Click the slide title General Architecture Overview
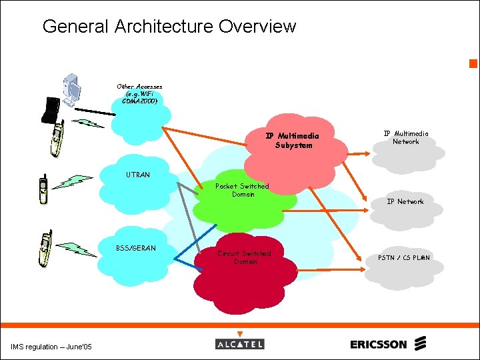[169, 27]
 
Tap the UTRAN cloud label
[138, 175]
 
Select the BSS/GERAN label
[135, 248]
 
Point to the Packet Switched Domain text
[243, 190]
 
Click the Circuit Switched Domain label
[245, 257]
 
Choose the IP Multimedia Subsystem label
[293, 141]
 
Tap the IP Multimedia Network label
[405, 137]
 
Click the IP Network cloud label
[405, 201]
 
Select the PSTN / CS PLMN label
[404, 257]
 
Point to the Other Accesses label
[139, 94]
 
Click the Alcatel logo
[240, 343]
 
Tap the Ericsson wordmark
[379, 344]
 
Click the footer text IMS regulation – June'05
[52, 346]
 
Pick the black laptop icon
[51, 110]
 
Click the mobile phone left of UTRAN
[43, 189]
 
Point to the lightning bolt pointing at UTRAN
[73, 181]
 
